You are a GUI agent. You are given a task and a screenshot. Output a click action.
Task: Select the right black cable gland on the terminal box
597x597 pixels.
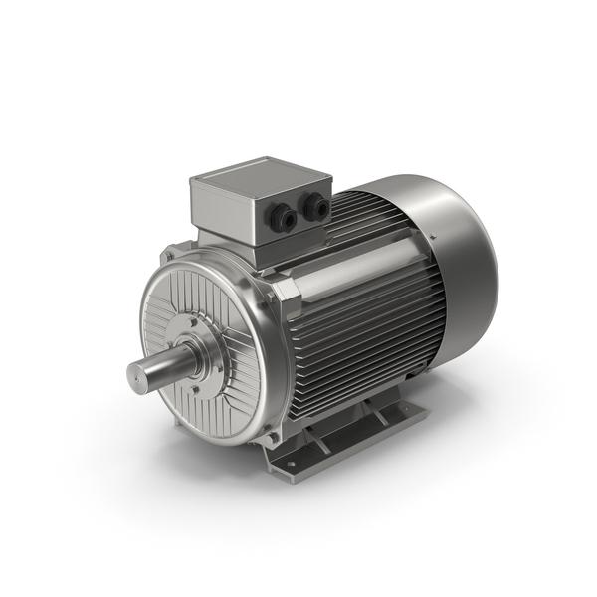tap(317, 207)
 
